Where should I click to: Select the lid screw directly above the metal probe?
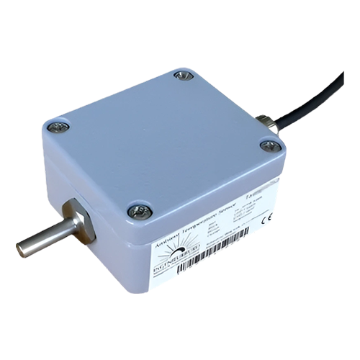(x=57, y=127)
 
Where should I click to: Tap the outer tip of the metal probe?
(x=21, y=250)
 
